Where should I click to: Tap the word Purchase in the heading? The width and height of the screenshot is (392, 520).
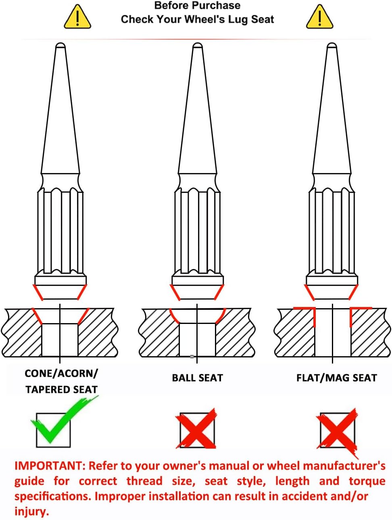220,6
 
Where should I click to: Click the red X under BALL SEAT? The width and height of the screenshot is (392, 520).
196,429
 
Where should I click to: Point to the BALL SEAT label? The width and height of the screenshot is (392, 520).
197,378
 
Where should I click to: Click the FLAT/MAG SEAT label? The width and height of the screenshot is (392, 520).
336,378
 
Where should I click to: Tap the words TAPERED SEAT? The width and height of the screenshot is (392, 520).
61,390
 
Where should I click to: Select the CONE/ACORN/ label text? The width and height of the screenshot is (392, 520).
61,374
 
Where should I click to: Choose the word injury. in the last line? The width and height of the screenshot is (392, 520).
32,512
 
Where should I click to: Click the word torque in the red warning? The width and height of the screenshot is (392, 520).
367,481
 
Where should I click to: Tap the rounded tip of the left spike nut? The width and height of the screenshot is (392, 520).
60,46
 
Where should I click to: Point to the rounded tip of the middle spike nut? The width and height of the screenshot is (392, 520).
197,46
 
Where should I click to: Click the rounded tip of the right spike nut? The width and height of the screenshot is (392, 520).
332,46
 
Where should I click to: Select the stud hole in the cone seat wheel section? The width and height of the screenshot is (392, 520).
60,340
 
